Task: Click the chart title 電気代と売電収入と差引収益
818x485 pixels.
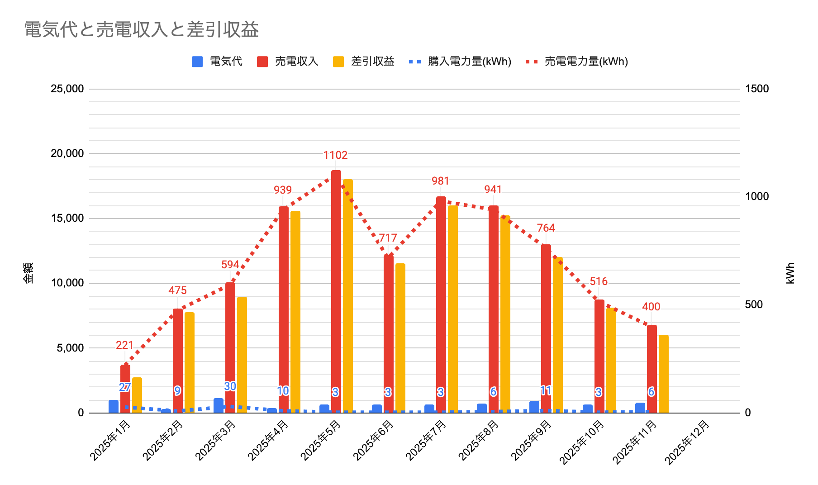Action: pos(141,30)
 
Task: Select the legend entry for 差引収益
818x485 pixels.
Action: pos(372,62)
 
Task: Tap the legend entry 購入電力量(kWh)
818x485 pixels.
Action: pos(469,62)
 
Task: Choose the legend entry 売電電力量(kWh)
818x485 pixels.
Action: pos(586,62)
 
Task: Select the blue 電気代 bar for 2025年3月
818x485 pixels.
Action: pos(219,405)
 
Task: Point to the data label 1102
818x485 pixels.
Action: pos(335,155)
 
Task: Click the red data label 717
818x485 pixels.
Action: pos(388,238)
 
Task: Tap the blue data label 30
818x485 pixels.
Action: pos(230,386)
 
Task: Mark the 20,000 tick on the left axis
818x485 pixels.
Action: pos(67,154)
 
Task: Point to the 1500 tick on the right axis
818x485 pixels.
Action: pos(756,89)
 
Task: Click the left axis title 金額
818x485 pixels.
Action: pos(28,273)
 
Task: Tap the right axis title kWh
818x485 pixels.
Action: pos(790,273)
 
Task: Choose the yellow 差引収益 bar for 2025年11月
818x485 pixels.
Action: pos(663,374)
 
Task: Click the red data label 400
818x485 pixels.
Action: pos(651,307)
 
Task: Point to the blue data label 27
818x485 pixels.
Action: pos(125,387)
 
